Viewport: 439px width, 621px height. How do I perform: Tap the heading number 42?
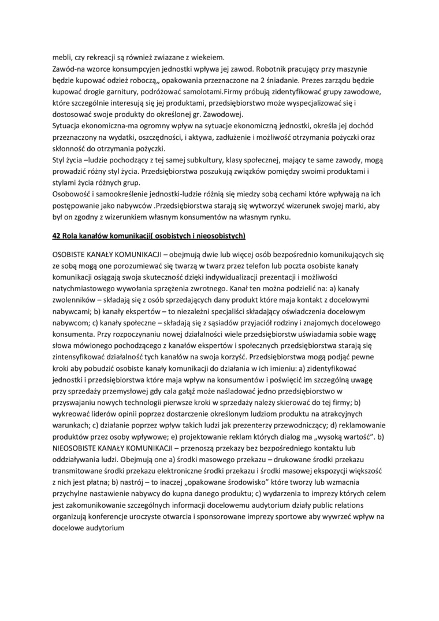coord(57,235)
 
